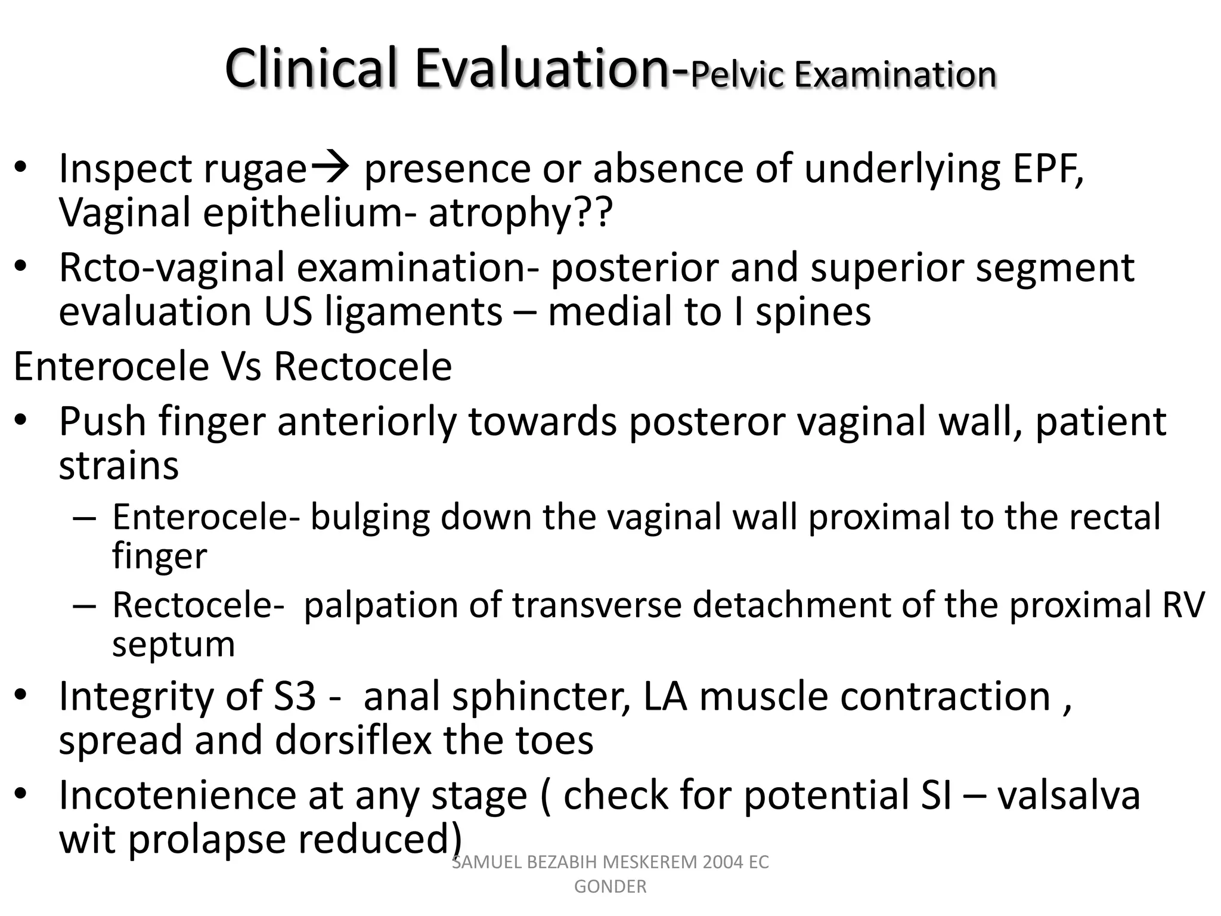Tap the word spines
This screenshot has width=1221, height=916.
[x=813, y=312]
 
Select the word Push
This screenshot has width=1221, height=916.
[x=103, y=422]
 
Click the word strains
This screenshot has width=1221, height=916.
[x=119, y=466]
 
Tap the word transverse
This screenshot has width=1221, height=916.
[x=597, y=605]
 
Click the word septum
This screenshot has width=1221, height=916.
[x=173, y=644]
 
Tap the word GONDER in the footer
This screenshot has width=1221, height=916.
[x=610, y=887]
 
